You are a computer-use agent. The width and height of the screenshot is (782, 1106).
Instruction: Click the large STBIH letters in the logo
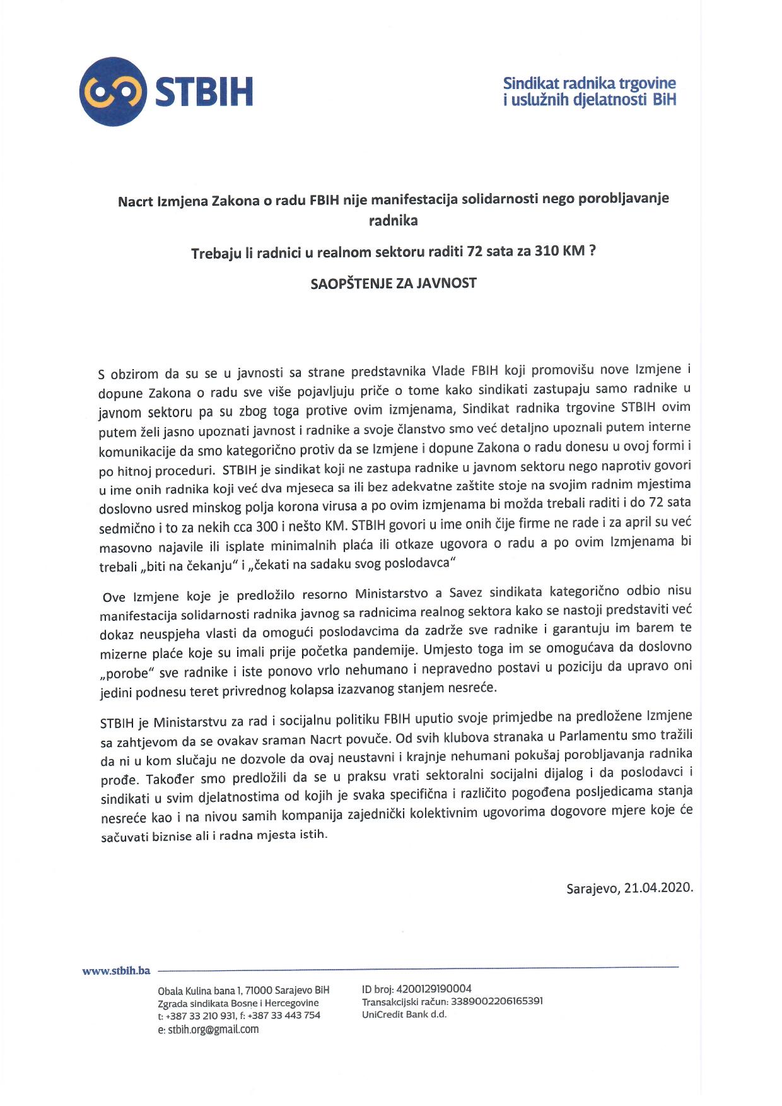(204, 92)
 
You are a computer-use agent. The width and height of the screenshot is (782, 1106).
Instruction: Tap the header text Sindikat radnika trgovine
(589, 83)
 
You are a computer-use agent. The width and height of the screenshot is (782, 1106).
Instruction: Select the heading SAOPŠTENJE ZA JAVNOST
(394, 283)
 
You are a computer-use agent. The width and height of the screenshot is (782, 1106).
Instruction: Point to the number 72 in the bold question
(475, 251)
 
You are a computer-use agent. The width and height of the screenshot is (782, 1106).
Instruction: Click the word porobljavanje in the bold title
(613, 198)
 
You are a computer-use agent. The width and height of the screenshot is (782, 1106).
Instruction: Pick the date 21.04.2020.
(658, 888)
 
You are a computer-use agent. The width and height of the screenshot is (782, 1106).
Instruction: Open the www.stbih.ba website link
(116, 971)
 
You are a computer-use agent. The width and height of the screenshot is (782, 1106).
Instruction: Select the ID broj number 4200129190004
(435, 989)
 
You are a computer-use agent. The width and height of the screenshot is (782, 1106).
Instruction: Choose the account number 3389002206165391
(497, 1001)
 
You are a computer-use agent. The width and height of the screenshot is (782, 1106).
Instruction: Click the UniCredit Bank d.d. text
(404, 1015)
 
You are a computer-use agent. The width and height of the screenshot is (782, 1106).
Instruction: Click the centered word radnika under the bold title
(393, 220)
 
